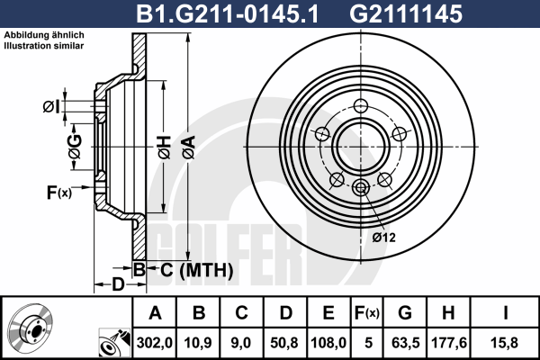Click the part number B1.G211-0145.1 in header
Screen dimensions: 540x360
[228, 13]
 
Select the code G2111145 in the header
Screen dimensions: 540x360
[406, 13]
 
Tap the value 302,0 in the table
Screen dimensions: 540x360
[154, 343]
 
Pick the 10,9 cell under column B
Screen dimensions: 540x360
[198, 343]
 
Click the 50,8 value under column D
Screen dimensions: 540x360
[284, 343]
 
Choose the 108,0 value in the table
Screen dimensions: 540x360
[328, 343]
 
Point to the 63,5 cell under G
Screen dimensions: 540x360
[405, 343]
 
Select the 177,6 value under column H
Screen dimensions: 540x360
[449, 343]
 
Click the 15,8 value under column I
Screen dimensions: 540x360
[504, 343]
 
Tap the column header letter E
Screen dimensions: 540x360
[328, 313]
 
